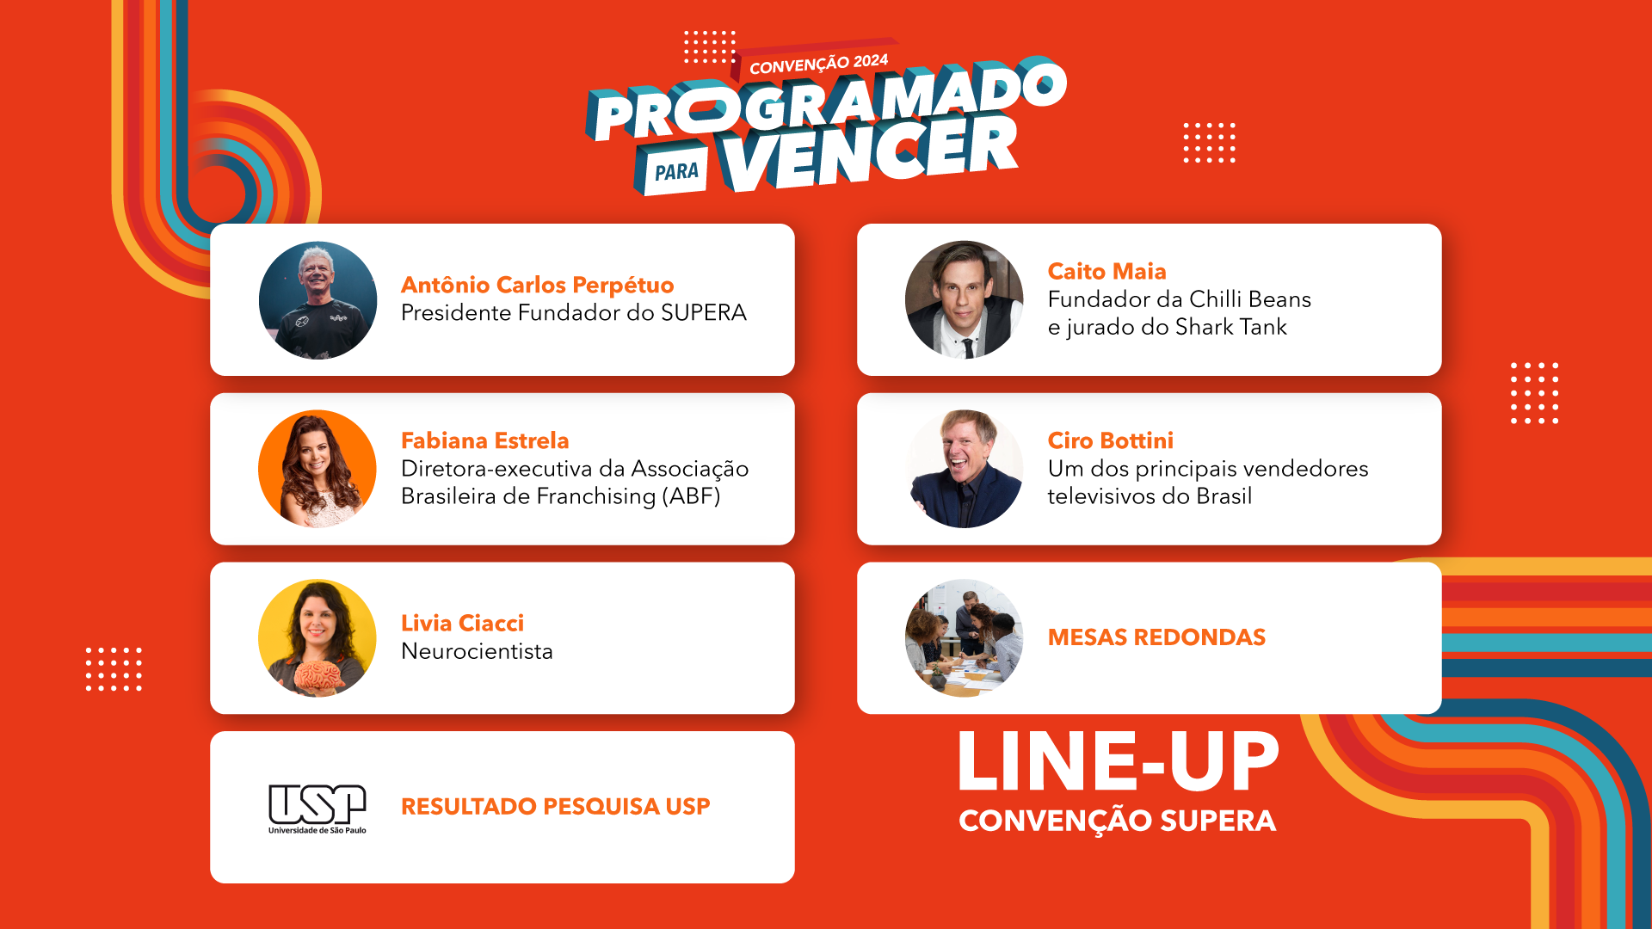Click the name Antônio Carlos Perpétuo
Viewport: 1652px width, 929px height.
coord(537,285)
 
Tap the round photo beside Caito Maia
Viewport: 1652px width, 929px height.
coord(964,299)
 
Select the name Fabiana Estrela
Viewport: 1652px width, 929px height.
coord(485,440)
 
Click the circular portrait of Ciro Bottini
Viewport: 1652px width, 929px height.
coord(964,469)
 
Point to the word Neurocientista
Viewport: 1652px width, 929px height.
coord(477,651)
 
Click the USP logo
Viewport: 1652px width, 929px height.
coord(317,809)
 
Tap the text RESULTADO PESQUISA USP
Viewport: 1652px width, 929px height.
coord(556,807)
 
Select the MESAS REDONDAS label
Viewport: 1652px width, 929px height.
coord(1156,637)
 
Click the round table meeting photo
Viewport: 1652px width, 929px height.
coord(964,638)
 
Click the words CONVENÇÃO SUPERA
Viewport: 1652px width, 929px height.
coord(1118,821)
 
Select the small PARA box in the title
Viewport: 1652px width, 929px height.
coord(675,171)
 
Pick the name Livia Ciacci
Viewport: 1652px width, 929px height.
coord(462,623)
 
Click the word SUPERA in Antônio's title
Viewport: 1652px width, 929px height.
coord(703,312)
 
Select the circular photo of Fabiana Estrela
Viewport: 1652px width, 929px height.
coord(317,469)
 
